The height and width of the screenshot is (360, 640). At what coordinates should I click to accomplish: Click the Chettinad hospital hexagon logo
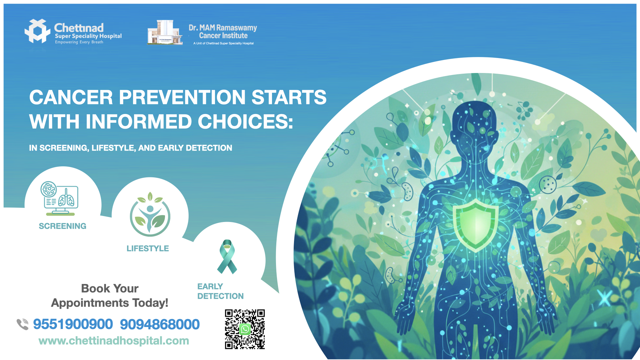[x=38, y=31]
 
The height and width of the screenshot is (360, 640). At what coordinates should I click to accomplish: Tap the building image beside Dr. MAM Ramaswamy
[x=165, y=32]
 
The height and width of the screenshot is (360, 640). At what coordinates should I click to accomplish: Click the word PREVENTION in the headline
[x=182, y=97]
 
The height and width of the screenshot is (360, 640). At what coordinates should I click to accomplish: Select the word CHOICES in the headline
[x=245, y=122]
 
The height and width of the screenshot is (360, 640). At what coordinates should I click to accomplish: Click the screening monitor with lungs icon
[x=60, y=198]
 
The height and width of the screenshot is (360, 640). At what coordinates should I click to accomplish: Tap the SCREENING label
[x=63, y=226]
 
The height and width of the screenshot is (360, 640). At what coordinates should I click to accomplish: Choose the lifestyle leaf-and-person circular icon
[x=150, y=214]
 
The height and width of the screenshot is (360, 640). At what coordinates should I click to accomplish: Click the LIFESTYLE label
[x=148, y=248]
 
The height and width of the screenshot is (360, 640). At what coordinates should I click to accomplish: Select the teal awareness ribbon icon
[x=227, y=257]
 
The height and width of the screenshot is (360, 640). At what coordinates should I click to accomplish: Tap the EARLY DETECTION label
[x=220, y=291]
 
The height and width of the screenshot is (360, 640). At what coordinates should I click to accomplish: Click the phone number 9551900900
[x=73, y=324]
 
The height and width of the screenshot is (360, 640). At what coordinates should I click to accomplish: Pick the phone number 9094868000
[x=160, y=324]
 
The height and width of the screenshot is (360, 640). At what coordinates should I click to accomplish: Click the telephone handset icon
[x=23, y=324]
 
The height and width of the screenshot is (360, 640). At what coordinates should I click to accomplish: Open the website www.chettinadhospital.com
[x=114, y=341]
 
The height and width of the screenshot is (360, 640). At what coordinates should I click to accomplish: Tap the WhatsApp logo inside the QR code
[x=245, y=329]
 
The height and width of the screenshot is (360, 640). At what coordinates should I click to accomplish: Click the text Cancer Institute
[x=223, y=36]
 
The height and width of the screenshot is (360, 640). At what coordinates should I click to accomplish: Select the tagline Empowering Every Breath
[x=79, y=42]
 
